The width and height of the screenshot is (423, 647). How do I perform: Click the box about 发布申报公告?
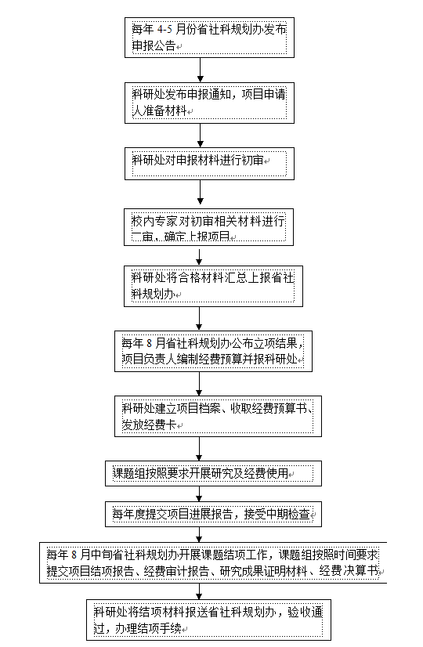[209, 38]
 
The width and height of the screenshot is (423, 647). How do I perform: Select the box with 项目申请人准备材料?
[209, 103]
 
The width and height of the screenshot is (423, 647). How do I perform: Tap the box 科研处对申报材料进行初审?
[209, 164]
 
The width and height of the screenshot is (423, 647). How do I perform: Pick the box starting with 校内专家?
[209, 227]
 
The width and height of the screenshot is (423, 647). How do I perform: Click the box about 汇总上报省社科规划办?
[213, 286]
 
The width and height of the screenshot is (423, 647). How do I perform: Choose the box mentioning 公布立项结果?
[213, 351]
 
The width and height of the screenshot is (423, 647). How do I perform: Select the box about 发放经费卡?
[218, 417]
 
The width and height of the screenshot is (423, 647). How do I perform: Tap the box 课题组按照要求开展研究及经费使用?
[213, 473]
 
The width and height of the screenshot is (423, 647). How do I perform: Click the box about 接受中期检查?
[213, 514]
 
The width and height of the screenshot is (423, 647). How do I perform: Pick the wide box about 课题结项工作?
[213, 563]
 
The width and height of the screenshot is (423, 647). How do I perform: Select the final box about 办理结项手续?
[209, 620]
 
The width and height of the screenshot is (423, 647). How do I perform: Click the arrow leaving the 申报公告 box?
[201, 70]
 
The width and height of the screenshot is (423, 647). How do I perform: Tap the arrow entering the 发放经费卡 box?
[199, 384]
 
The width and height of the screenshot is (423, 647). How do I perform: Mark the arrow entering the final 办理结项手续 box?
[199, 591]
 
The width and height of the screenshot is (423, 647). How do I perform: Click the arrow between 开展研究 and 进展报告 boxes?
[199, 494]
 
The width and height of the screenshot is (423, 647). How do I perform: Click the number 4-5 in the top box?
[164, 29]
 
